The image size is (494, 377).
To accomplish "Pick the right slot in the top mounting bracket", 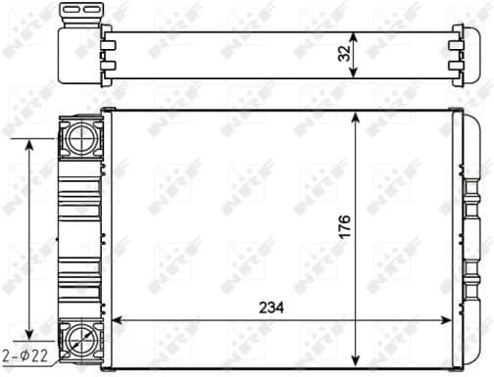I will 93,13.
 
